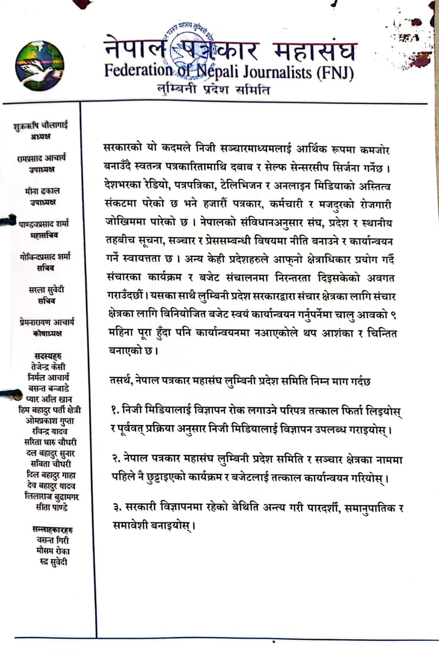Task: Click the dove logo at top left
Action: (x=40, y=66)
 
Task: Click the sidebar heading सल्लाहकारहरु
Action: (x=46, y=530)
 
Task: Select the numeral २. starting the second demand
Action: (x=116, y=461)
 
